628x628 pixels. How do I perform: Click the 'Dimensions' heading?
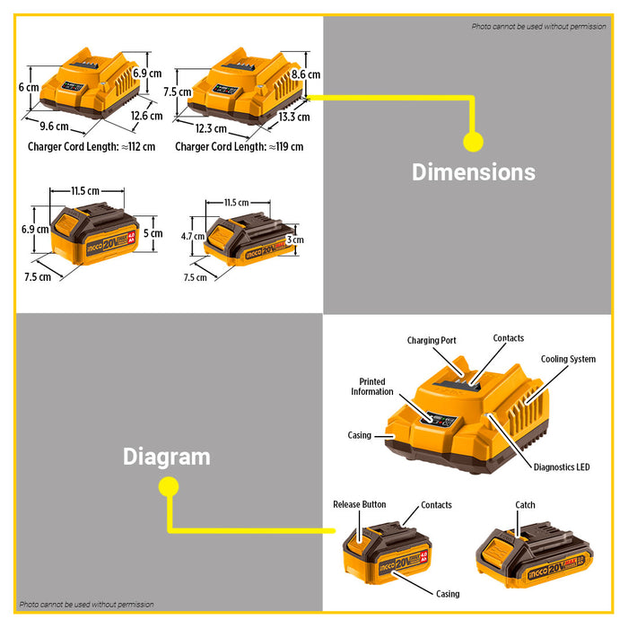tap(474, 172)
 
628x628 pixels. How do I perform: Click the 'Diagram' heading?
tap(167, 457)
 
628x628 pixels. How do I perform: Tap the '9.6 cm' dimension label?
tap(54, 126)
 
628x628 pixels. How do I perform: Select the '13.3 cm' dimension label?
tap(294, 117)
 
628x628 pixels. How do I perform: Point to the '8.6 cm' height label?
tap(306, 74)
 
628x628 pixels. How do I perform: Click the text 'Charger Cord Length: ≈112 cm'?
tap(92, 146)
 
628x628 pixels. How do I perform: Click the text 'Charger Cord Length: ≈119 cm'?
tap(240, 146)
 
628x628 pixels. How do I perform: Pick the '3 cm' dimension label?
tap(295, 240)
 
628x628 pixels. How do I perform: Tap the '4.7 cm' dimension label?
tap(193, 236)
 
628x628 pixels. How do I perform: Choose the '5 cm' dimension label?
tap(153, 233)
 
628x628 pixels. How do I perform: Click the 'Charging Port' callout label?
tap(432, 340)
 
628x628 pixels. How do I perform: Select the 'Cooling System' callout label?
tap(568, 359)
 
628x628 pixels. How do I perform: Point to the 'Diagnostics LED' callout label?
tap(562, 467)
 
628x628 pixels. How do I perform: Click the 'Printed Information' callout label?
tap(372, 387)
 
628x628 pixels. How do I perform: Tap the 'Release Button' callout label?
tap(360, 504)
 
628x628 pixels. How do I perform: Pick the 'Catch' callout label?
tap(525, 505)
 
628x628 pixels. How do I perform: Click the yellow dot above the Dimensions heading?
tap(473, 142)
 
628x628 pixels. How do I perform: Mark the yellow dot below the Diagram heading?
tap(169, 487)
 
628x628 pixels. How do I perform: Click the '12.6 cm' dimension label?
tap(146, 116)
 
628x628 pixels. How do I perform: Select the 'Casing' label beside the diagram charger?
tap(359, 435)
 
